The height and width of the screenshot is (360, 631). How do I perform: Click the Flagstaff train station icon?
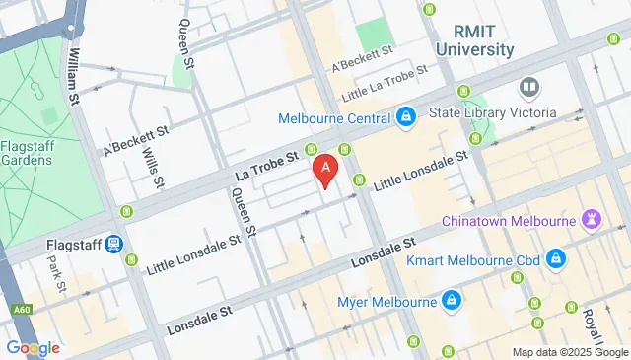point(115,243)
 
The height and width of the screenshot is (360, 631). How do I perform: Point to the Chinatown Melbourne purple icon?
point(592,218)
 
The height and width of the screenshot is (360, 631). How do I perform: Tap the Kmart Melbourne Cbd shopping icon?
point(556,260)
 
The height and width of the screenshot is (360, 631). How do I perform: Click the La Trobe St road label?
point(266,165)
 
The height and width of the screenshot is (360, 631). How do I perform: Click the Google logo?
point(32,348)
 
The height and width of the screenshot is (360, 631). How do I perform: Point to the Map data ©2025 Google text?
point(569,352)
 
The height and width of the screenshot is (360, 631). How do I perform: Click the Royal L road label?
point(593,324)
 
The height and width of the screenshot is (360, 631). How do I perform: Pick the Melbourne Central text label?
point(339,118)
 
